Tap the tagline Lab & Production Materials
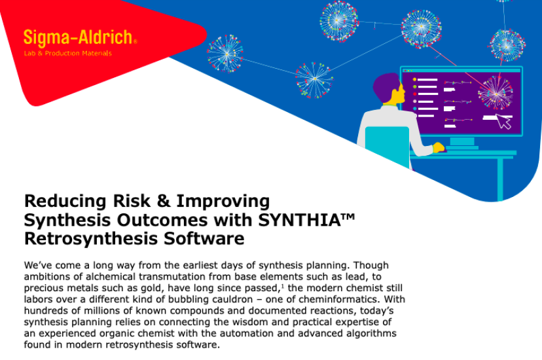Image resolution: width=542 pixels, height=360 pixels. (68, 53)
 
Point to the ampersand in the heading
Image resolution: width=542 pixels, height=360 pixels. (164, 201)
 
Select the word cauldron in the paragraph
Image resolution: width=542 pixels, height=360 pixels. (232, 299)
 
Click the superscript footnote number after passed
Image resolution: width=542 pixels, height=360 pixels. (283, 286)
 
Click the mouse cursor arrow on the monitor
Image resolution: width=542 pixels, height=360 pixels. (504, 122)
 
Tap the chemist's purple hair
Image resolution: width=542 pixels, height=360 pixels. (386, 86)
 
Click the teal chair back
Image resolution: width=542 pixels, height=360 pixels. (388, 145)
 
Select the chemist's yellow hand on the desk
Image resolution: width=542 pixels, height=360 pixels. (439, 147)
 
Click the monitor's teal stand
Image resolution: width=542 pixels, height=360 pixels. (462, 143)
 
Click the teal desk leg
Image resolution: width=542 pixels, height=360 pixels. (500, 179)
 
